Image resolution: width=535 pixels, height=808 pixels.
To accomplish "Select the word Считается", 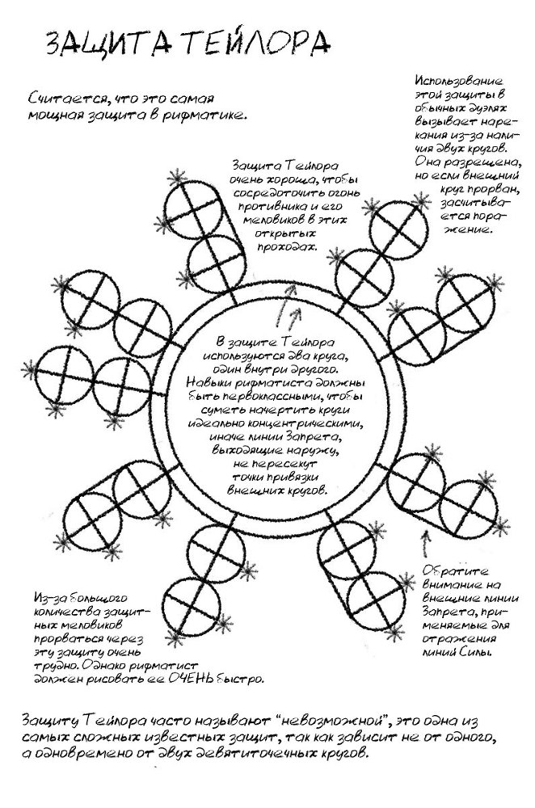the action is pos(62,98).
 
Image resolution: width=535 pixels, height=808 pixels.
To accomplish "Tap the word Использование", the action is pos(458,81).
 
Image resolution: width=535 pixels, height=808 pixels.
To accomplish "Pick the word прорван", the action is pos(494,188).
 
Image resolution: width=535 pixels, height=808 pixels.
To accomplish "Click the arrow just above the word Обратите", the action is pos(425,544).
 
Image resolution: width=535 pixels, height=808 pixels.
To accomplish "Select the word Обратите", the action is pos(455,571).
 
